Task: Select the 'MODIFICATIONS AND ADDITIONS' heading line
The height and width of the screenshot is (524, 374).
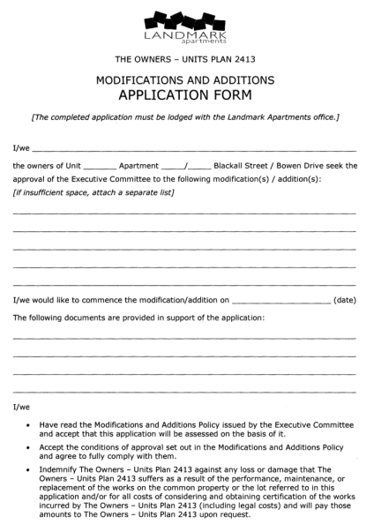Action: click(x=186, y=80)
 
